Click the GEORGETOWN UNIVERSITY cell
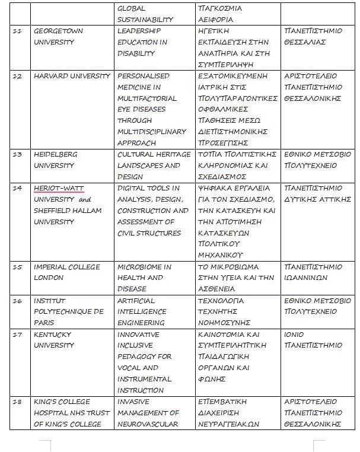point(58,36)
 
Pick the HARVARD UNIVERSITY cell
point(72,76)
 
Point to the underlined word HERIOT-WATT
point(59,188)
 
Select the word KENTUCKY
point(52,335)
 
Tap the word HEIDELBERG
point(56,154)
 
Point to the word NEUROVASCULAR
point(147,424)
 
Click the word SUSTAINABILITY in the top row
point(145,20)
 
